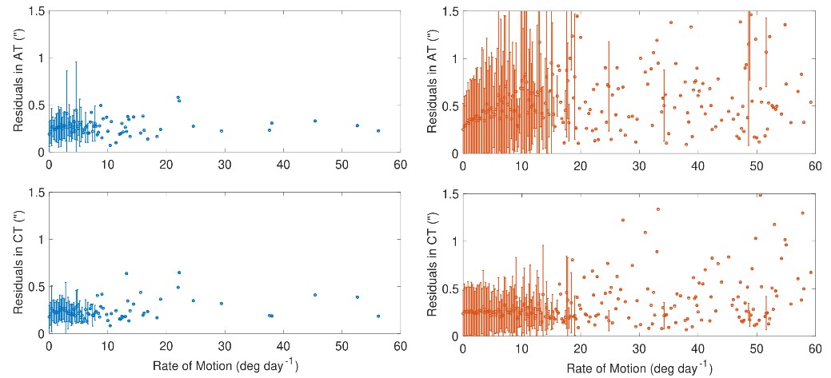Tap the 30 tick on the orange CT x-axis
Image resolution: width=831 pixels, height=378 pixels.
639,346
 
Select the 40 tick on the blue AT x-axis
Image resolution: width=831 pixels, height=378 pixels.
283,165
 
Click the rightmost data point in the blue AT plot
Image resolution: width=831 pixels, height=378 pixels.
378,131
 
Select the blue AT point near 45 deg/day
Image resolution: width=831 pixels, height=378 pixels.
315,121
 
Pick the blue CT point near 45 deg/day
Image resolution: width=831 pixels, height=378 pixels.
315,295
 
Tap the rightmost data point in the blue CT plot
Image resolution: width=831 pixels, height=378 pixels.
378,316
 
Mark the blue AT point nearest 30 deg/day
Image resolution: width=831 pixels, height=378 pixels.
222,131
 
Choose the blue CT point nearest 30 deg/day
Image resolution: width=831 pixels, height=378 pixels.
222,304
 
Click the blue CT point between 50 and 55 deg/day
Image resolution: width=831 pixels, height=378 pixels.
358,297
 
